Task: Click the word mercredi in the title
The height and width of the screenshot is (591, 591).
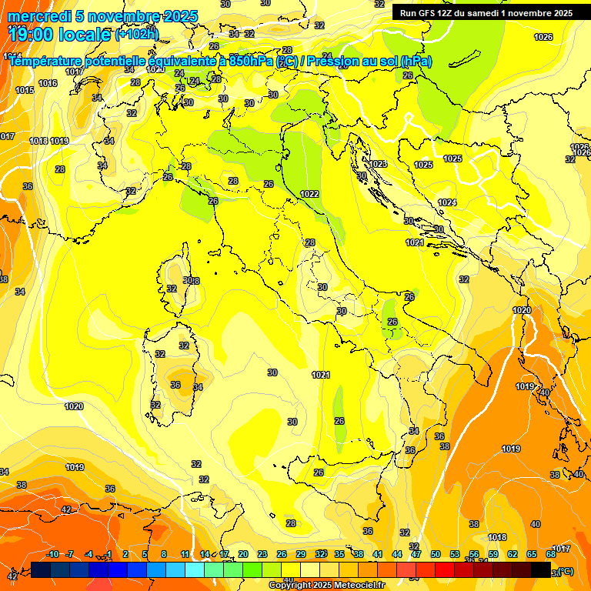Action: [x=34, y=16]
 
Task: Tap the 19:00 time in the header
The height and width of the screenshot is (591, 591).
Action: [x=31, y=34]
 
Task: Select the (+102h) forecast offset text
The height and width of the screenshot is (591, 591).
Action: [x=137, y=34]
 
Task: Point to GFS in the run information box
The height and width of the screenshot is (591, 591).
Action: [x=429, y=12]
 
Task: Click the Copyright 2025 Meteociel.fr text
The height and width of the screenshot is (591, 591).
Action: [x=326, y=585]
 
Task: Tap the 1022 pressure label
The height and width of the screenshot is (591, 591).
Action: [x=309, y=194]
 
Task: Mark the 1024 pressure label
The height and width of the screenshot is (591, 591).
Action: [x=447, y=202]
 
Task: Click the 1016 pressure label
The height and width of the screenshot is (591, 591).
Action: [x=48, y=83]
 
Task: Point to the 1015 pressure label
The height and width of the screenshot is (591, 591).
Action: [x=25, y=90]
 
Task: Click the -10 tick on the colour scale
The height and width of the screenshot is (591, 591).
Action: [x=52, y=554]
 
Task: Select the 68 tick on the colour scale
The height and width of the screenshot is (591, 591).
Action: [x=551, y=554]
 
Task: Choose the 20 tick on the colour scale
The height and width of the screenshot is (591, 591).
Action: [x=242, y=554]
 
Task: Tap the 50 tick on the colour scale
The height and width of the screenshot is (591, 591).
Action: [x=435, y=554]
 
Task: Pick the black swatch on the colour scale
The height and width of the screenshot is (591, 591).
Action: [x=541, y=569]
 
